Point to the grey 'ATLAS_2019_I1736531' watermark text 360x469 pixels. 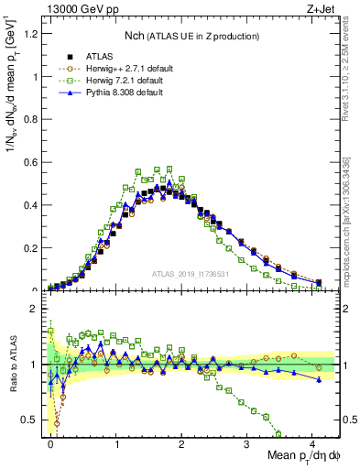pyautogui.click(x=190, y=274)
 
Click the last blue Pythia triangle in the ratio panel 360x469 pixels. pyautogui.click(x=318, y=379)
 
